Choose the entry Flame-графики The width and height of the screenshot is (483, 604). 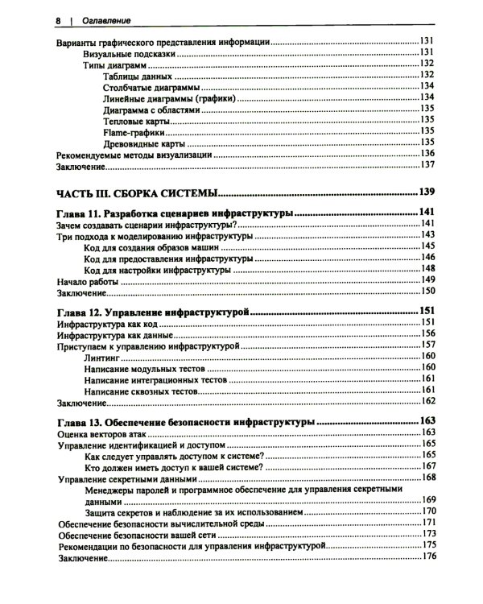tap(134, 130)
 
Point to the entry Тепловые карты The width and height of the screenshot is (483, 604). tap(138, 118)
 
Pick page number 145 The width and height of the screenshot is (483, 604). tap(427, 247)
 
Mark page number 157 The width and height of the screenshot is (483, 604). tap(427, 345)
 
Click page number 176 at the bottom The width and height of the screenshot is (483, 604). tap(427, 557)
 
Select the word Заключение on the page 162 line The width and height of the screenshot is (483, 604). tap(81, 401)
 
